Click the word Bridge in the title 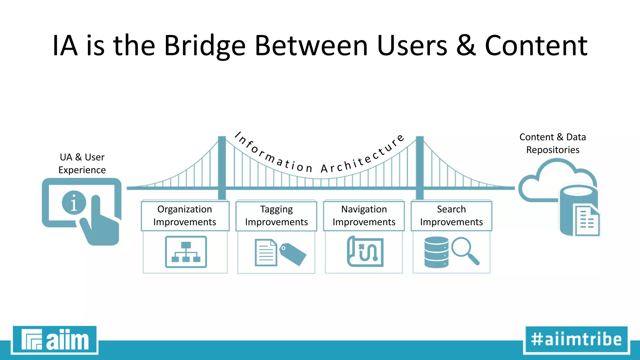click(205, 46)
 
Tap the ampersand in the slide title click(466, 46)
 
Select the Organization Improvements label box click(185, 216)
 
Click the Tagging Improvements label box click(276, 216)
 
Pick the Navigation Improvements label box click(364, 216)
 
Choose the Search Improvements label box click(451, 216)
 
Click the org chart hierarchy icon click(186, 252)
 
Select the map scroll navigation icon click(365, 252)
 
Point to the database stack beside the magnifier click(436, 252)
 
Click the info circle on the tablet click(74, 202)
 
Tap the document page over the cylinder click(587, 221)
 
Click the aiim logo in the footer click(55, 340)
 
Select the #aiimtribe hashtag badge click(576, 340)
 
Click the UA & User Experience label click(82, 163)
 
